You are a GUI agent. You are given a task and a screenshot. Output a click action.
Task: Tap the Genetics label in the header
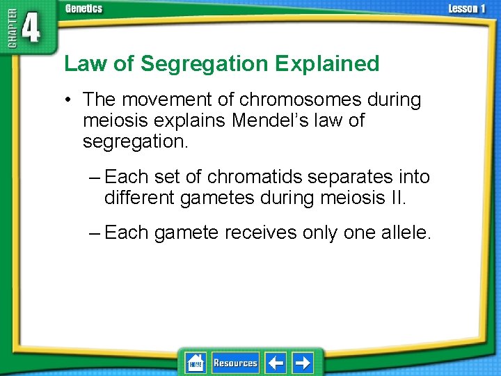[x=83, y=8]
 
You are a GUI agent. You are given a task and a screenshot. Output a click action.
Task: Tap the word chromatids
[x=257, y=177]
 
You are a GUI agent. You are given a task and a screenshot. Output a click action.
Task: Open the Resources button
[x=235, y=363]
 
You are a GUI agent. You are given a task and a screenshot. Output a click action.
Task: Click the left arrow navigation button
[x=276, y=363]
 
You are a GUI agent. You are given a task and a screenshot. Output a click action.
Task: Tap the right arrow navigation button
[x=302, y=363]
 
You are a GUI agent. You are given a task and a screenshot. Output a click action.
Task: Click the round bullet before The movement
[x=70, y=100]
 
